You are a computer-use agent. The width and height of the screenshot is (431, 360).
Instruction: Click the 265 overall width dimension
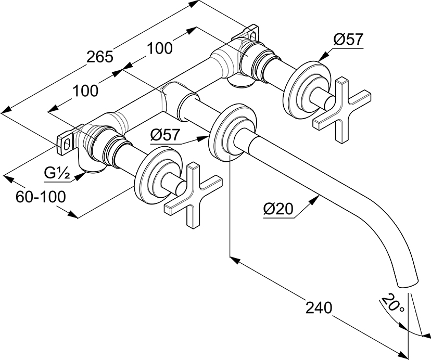pos(99,56)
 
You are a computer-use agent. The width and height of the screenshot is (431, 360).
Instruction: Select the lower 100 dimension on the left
pos(85,91)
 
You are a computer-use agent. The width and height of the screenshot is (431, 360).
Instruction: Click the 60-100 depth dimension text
pos(41,197)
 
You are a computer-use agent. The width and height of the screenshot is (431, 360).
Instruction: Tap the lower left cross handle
pos(192,196)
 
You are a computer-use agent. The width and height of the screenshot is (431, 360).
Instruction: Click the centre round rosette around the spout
pos(229,134)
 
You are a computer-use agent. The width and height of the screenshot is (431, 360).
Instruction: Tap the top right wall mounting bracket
pos(251,32)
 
